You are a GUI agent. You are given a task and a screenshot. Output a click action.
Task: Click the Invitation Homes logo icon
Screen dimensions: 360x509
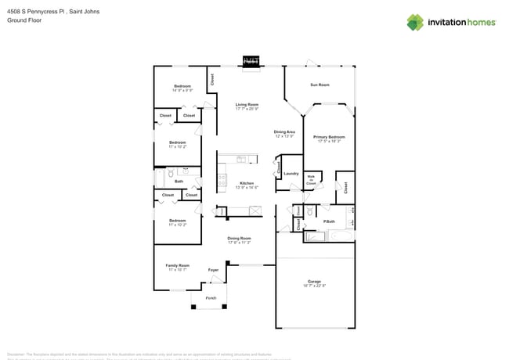click(x=415, y=22)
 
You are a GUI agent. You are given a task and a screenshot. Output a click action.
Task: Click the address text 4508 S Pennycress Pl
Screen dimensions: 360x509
click(x=34, y=13)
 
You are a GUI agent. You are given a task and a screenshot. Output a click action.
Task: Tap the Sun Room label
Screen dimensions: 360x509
click(x=319, y=85)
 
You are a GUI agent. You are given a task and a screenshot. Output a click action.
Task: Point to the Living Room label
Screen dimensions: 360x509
click(x=247, y=105)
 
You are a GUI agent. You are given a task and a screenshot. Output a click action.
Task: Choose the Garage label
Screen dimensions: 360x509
click(x=314, y=282)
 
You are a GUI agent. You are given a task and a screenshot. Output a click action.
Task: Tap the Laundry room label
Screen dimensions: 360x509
click(x=291, y=173)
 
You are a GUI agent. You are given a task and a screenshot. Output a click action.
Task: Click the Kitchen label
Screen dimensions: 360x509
click(x=247, y=183)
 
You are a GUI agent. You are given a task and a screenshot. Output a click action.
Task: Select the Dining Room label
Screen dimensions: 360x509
click(x=239, y=238)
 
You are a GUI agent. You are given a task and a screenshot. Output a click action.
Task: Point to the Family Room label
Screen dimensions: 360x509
click(x=178, y=265)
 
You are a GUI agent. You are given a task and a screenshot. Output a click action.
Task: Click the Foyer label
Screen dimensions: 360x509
click(x=213, y=270)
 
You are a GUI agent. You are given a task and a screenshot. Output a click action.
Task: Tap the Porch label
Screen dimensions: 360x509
click(x=211, y=298)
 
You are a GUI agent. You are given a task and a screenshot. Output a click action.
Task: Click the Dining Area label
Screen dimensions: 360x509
click(x=284, y=131)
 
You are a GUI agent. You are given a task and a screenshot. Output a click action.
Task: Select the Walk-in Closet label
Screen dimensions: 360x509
click(x=311, y=180)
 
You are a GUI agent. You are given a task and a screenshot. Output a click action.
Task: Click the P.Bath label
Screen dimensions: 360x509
click(x=330, y=221)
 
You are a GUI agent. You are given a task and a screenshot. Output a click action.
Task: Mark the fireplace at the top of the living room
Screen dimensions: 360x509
click(x=251, y=61)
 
